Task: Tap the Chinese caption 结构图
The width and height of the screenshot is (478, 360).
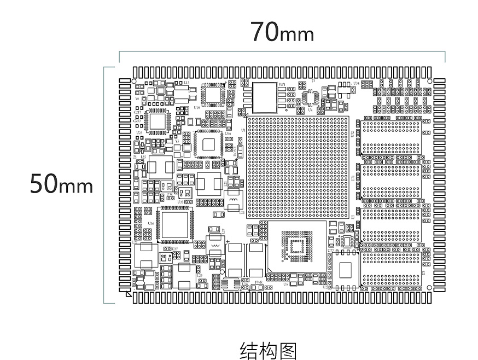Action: click(268, 351)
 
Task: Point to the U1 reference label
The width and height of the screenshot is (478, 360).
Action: click(243, 114)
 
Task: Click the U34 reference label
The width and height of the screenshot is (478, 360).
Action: click(356, 83)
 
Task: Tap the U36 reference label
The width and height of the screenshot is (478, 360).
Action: click(151, 223)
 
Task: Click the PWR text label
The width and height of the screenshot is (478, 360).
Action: click(259, 282)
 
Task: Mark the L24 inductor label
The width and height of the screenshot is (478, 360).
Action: click(242, 212)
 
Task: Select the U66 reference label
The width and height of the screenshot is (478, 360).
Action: click(228, 133)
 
